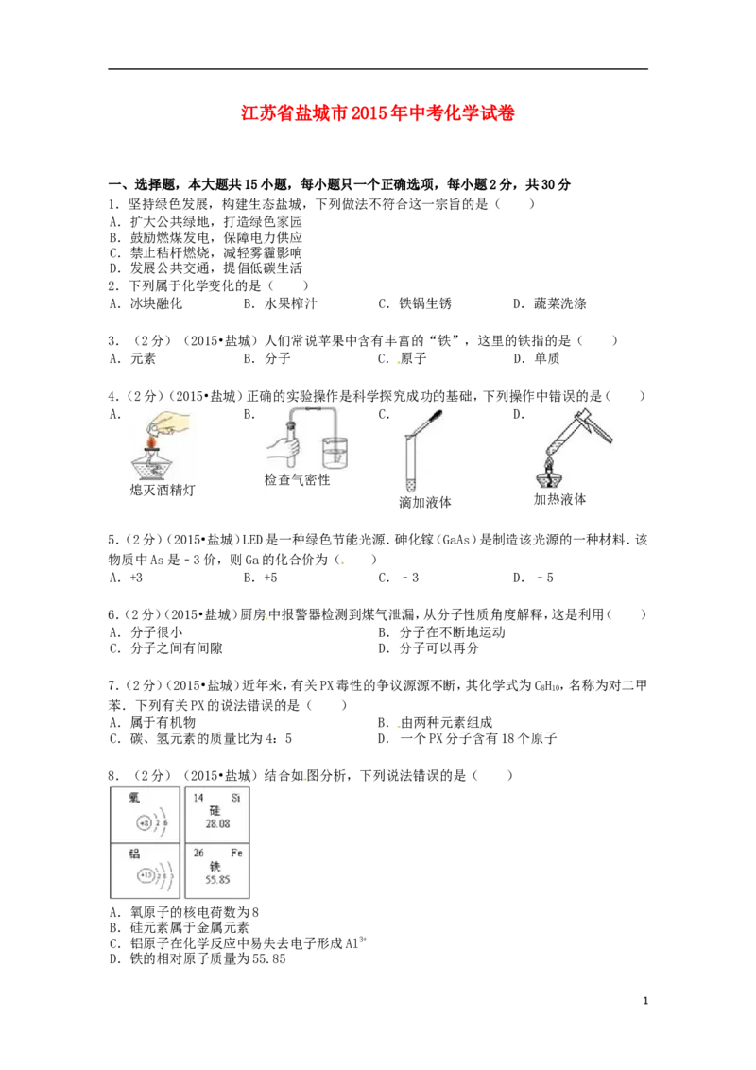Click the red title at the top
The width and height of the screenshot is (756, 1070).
(x=377, y=114)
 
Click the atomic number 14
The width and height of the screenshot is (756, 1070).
(x=198, y=798)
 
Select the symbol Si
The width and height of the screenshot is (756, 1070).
(x=235, y=798)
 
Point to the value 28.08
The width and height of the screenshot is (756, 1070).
(x=218, y=824)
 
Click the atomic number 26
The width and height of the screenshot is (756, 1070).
(x=198, y=852)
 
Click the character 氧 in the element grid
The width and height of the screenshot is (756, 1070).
(x=134, y=798)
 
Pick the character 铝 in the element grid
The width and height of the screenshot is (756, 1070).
(x=134, y=853)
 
